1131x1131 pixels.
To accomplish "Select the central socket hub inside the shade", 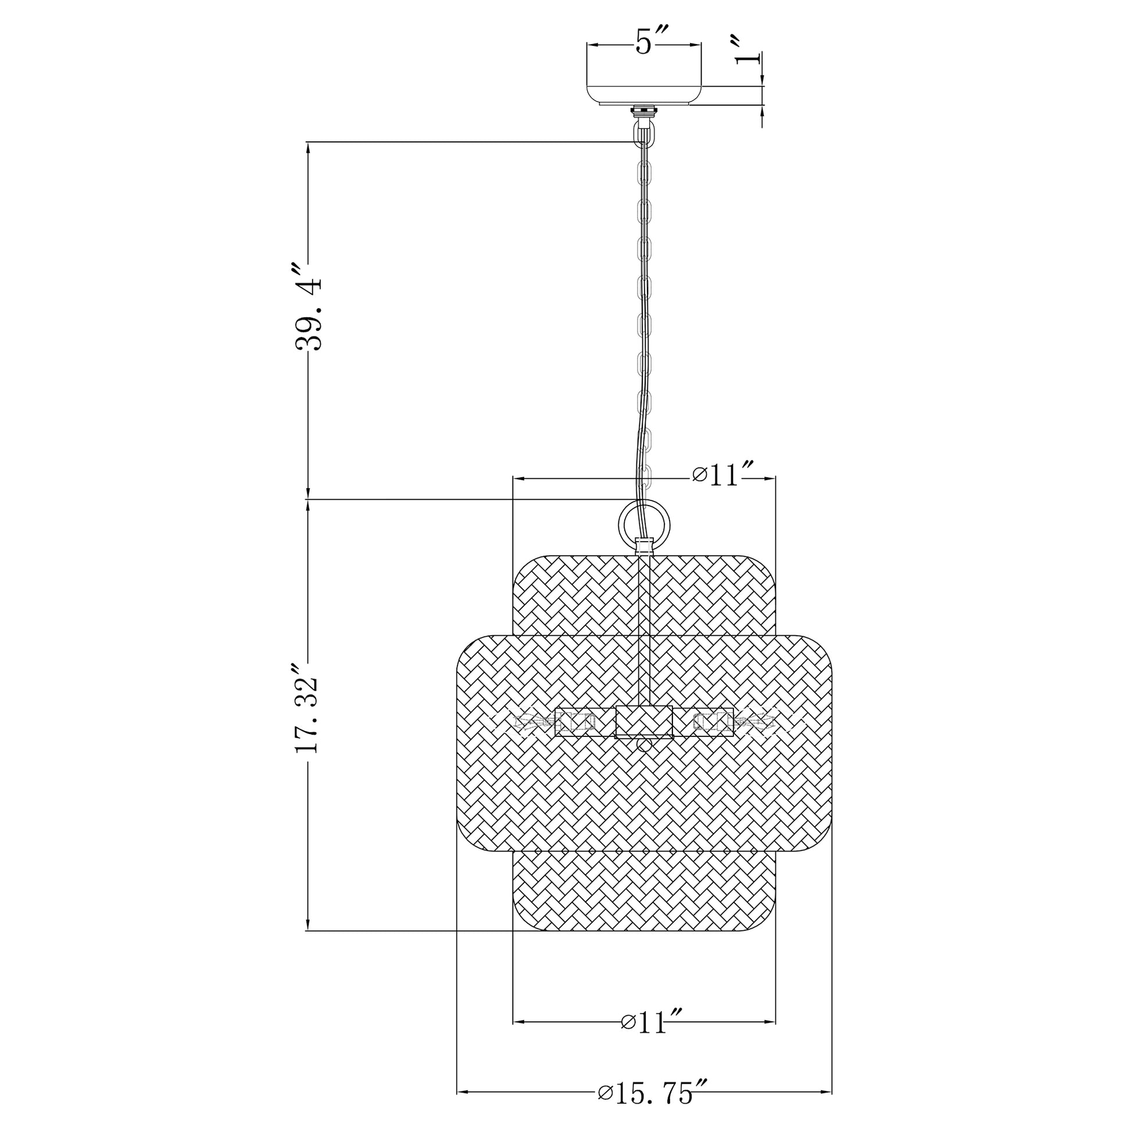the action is [x=644, y=721].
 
